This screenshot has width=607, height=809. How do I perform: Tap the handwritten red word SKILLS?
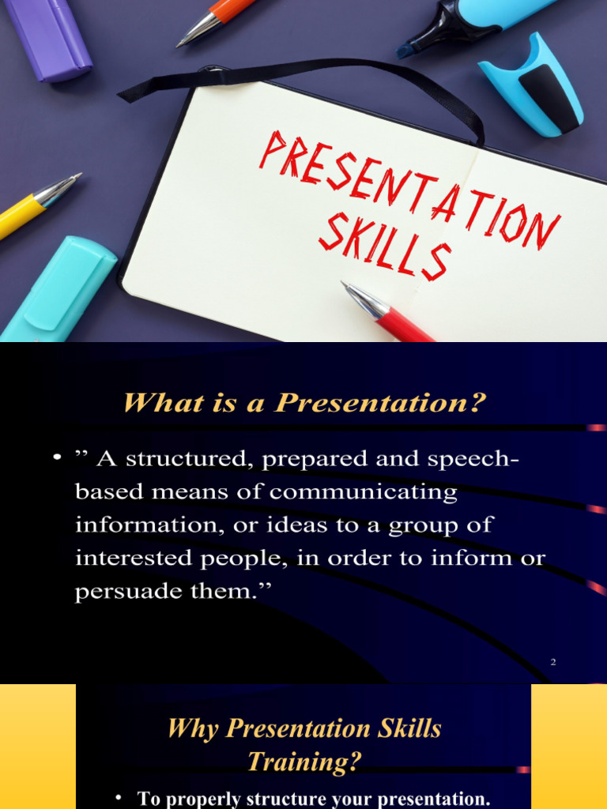[x=385, y=246]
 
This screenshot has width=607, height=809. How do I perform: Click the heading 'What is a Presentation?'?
[x=303, y=403]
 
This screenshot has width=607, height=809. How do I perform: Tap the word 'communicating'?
[x=363, y=492]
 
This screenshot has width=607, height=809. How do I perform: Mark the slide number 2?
[x=553, y=662]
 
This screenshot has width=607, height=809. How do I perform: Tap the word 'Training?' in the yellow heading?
[x=304, y=762]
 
